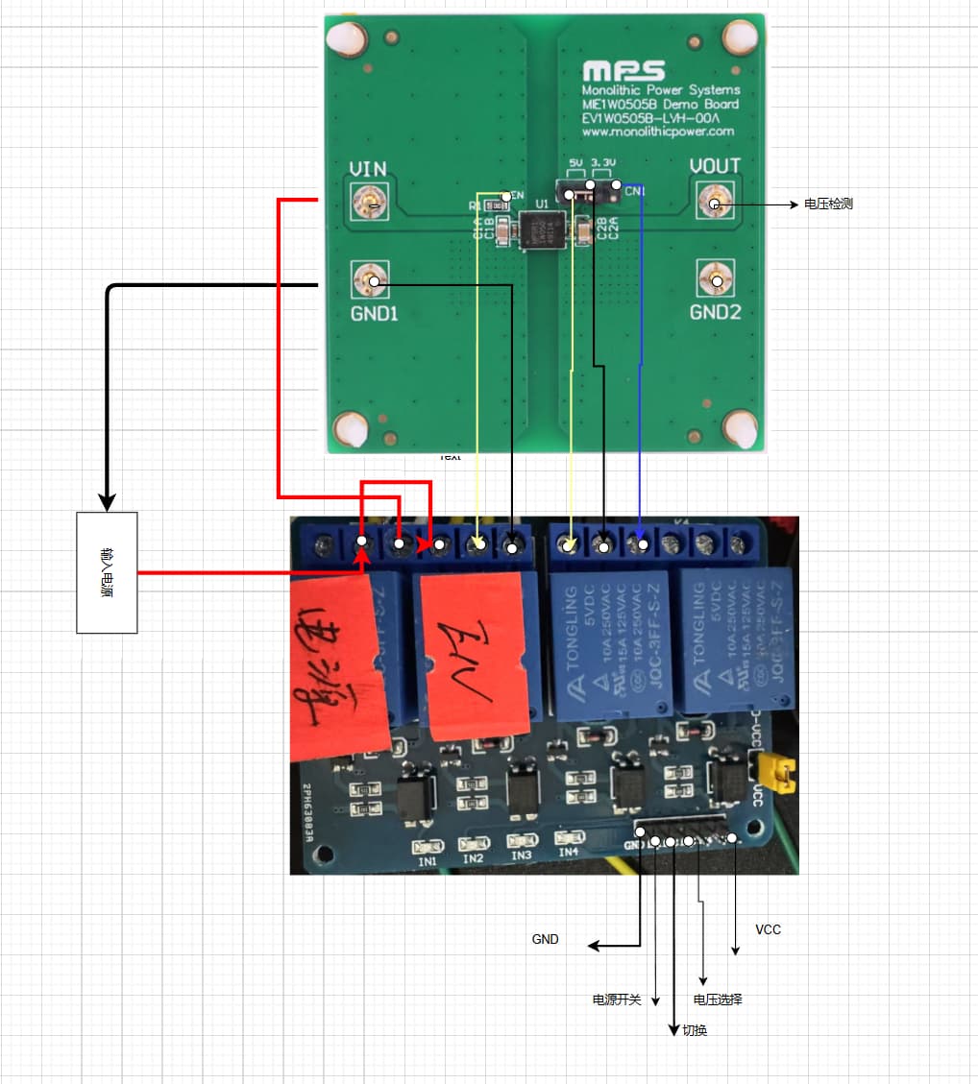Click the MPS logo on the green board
tap(623, 71)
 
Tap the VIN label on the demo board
tap(367, 169)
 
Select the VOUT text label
tap(715, 166)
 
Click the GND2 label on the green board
tap(716, 312)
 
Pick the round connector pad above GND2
tap(716, 281)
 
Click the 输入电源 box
tap(107, 572)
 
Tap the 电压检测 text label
tap(828, 205)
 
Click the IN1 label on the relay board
tap(428, 861)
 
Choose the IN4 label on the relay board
tap(569, 851)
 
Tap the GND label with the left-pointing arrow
tap(545, 939)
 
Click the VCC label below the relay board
tap(768, 929)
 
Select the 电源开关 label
tap(616, 1000)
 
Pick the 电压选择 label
tap(718, 1000)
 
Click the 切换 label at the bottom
tap(695, 1030)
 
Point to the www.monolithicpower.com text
tap(657, 132)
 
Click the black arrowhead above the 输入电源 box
tap(108, 500)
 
